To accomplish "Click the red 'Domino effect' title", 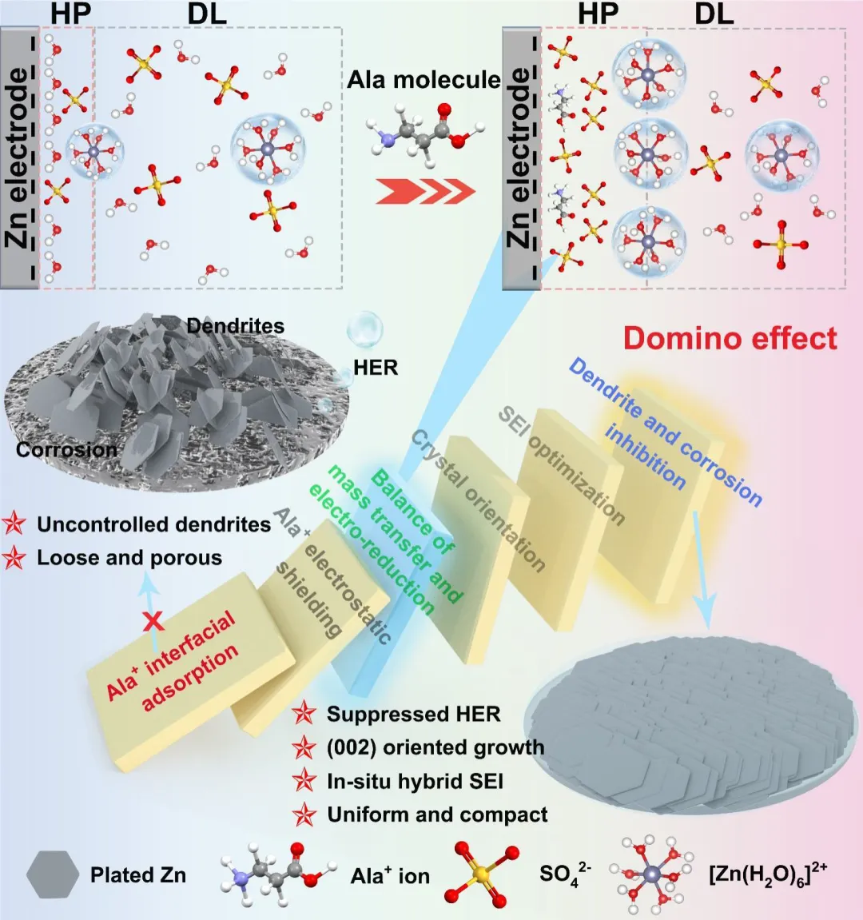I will tap(730, 338).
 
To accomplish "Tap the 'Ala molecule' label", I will tap(424, 80).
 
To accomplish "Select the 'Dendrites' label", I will tap(235, 326).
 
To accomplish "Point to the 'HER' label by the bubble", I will tap(376, 368).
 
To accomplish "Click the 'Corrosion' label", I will tap(66, 450).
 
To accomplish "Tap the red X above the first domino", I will tap(153, 620).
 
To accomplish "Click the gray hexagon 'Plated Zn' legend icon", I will tap(52, 874).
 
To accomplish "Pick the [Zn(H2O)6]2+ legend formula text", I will tap(768, 873).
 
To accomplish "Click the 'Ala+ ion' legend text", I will tap(390, 875).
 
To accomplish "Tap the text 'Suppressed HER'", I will tap(413, 714).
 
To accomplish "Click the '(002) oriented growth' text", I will tap(435, 747).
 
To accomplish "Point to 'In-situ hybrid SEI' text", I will tap(415, 781).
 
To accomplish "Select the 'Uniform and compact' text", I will tap(437, 814).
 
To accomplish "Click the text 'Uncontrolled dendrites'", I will tap(153, 524).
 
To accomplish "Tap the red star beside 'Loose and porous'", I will tap(14, 558).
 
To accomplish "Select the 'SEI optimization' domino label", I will tap(561, 464).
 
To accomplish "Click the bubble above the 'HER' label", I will tap(364, 329).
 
